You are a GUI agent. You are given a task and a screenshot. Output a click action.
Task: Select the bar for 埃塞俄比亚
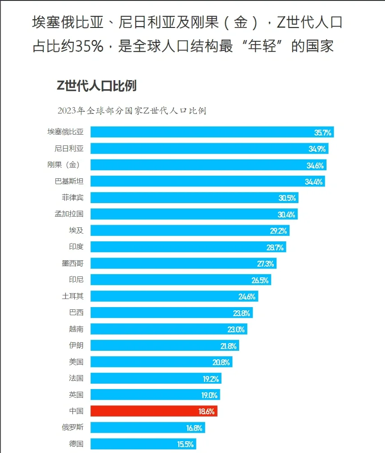[212, 132]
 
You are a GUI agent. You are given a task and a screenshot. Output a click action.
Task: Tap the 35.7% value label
[322, 132]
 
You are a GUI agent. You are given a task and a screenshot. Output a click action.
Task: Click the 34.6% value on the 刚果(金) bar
[315, 165]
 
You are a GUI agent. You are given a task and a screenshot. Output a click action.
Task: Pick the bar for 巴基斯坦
[207, 181]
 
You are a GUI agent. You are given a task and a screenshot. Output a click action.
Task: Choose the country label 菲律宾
[72, 198]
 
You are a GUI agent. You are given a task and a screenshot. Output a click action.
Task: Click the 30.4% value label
[286, 214]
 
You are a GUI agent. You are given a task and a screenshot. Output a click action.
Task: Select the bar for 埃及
[190, 231]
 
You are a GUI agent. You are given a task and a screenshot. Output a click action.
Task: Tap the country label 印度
[76, 247]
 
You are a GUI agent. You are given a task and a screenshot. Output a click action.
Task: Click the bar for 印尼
[180, 280]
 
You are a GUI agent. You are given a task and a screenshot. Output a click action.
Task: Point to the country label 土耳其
[72, 296]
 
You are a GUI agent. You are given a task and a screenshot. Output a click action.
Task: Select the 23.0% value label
[236, 330]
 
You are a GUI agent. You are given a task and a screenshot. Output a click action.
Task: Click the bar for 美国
[161, 362]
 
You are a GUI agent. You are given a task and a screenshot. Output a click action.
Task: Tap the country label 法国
[76, 378]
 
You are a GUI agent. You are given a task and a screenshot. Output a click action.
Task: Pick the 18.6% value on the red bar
[207, 412]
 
